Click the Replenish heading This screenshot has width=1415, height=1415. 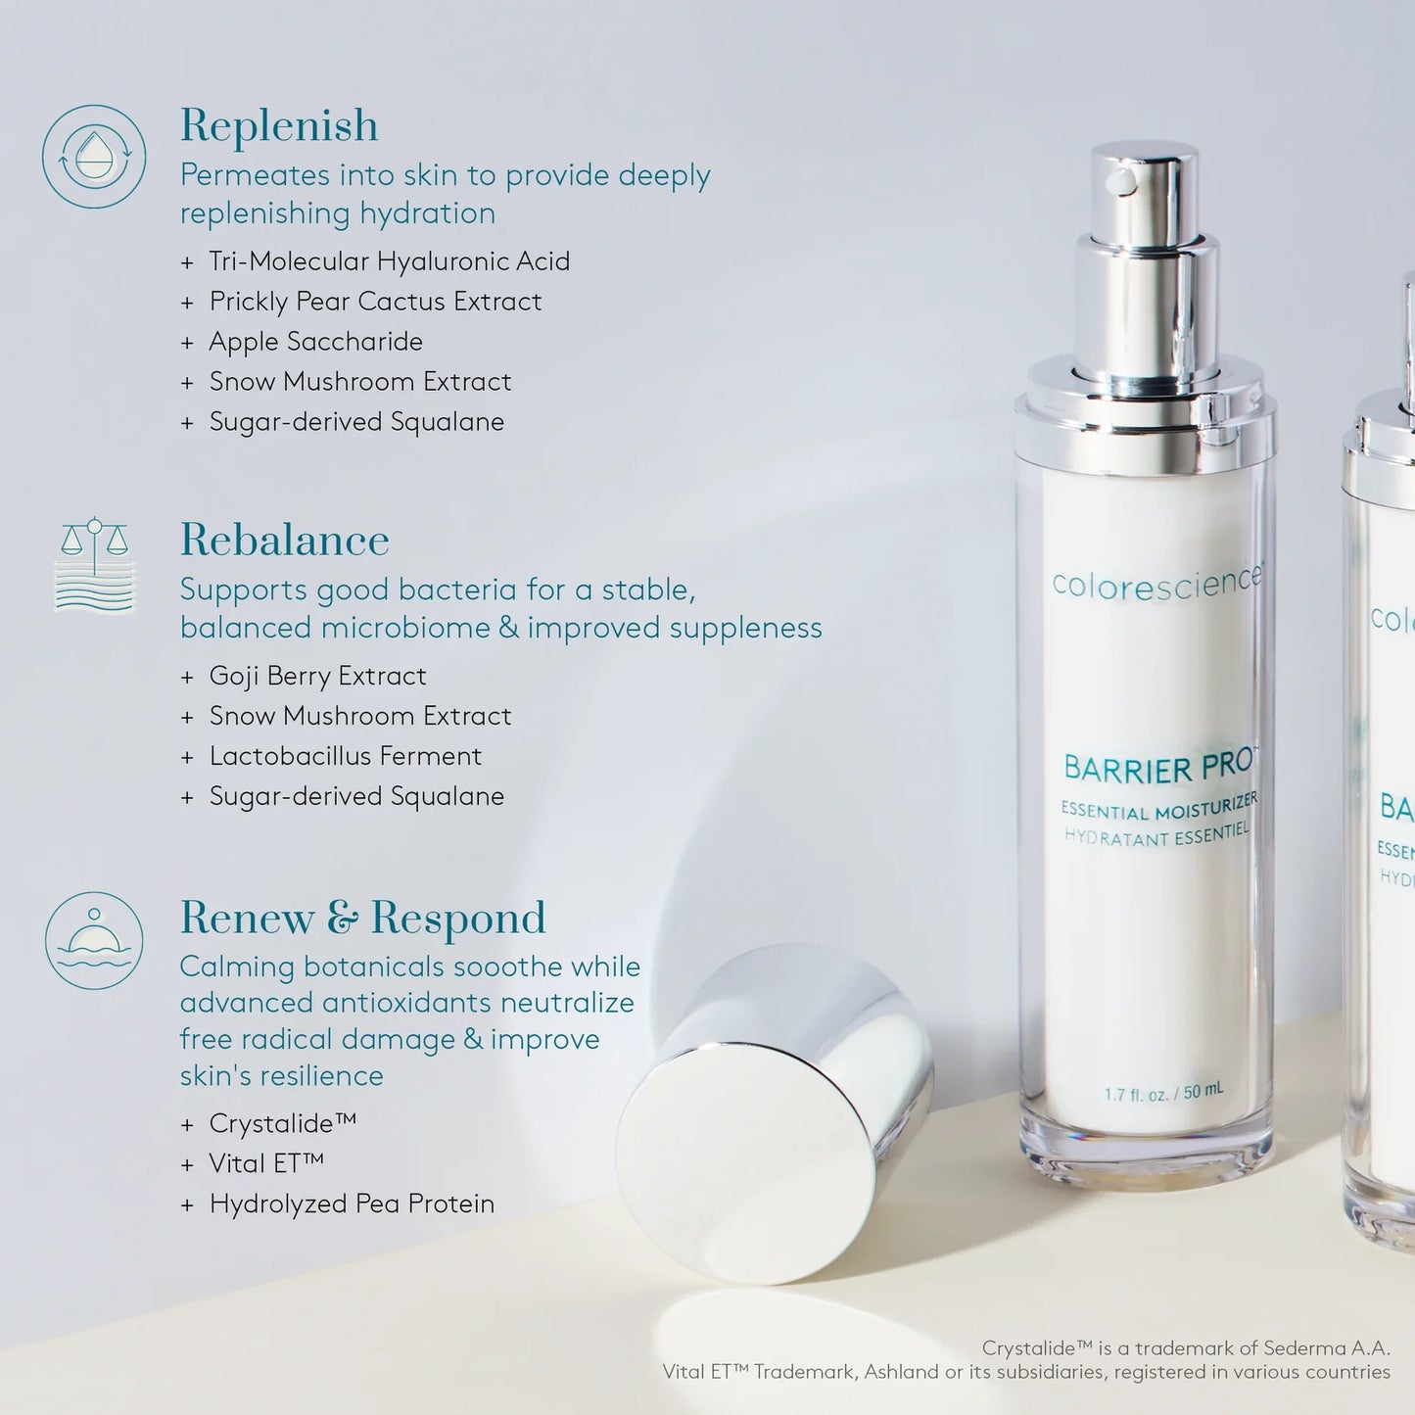click(x=279, y=126)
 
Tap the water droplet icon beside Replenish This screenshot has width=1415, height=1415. click(x=94, y=157)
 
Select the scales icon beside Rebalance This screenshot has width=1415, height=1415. click(x=94, y=564)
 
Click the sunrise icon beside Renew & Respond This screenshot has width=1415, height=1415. click(x=94, y=940)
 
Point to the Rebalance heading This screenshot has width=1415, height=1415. click(x=284, y=541)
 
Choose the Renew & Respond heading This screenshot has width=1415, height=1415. click(x=362, y=919)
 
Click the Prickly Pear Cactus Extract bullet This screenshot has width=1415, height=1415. click(x=375, y=302)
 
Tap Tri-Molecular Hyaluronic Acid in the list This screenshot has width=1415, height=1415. click(x=389, y=261)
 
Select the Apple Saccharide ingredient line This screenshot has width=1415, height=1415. click(x=315, y=342)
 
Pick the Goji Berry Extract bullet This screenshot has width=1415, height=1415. click(x=317, y=677)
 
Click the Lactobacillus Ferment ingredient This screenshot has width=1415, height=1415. click(x=345, y=756)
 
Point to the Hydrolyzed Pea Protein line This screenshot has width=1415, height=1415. click(x=352, y=1203)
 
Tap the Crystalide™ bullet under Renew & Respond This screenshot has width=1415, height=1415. click(x=282, y=1123)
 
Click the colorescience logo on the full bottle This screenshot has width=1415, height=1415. click(x=1156, y=581)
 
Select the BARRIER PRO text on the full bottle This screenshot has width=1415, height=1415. click(x=1150, y=767)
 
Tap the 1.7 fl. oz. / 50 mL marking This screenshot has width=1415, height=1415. click(x=1163, y=1093)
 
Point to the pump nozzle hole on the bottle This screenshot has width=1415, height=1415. click(x=1120, y=180)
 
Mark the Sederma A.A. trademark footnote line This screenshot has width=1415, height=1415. click(x=1185, y=1348)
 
